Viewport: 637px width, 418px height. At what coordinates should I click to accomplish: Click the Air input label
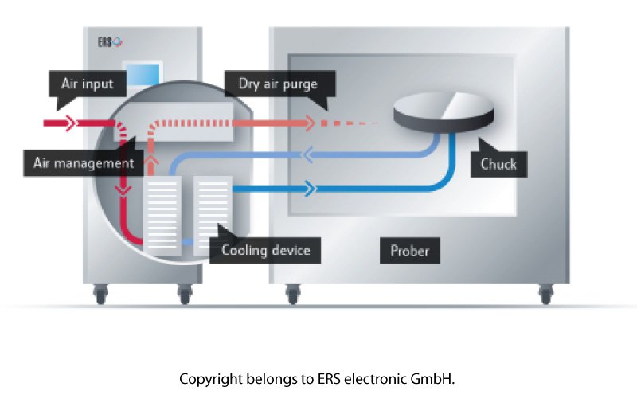click(x=87, y=83)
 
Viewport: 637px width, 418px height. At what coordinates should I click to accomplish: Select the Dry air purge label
click(x=276, y=83)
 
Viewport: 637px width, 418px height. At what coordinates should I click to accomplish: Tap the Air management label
click(x=84, y=163)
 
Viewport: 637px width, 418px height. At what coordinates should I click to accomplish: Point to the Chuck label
click(x=498, y=165)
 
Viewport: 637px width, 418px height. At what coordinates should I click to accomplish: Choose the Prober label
click(x=410, y=251)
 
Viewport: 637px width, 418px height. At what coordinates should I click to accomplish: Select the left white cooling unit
click(x=162, y=214)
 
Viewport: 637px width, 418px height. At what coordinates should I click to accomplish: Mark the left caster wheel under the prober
click(x=292, y=295)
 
